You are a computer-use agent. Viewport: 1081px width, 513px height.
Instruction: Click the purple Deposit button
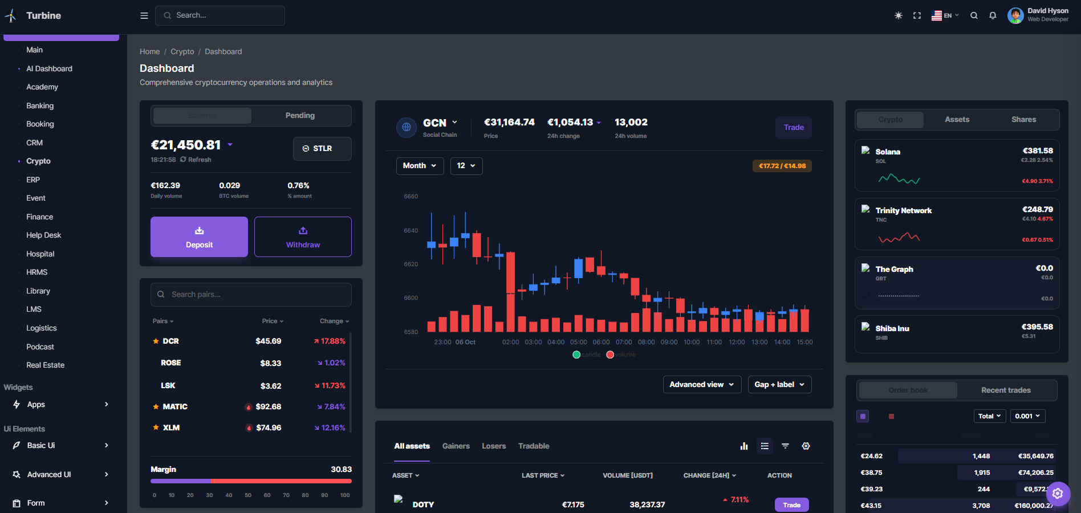pyautogui.click(x=199, y=237)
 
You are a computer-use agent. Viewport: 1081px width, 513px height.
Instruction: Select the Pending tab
pyautogui.click(x=300, y=116)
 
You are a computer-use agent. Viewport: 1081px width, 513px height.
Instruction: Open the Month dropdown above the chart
pyautogui.click(x=420, y=166)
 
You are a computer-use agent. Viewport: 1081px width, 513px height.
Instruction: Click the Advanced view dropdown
pyautogui.click(x=702, y=385)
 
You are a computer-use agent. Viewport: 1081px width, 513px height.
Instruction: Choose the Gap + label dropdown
pyautogui.click(x=779, y=385)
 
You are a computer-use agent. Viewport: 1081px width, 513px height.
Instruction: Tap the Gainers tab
pyautogui.click(x=456, y=446)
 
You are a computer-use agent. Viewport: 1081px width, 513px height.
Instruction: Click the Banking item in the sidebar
pyautogui.click(x=40, y=106)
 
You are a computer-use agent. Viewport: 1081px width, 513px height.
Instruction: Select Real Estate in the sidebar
pyautogui.click(x=46, y=365)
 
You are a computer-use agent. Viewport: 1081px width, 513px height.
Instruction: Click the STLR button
pyautogui.click(x=322, y=149)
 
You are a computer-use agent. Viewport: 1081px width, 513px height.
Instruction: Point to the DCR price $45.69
pyautogui.click(x=269, y=341)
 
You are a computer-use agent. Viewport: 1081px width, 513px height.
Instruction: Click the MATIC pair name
pyautogui.click(x=175, y=407)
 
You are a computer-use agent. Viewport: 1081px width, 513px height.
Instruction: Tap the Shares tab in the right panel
pyautogui.click(x=1023, y=120)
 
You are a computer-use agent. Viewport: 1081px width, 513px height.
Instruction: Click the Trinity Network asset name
pyautogui.click(x=904, y=211)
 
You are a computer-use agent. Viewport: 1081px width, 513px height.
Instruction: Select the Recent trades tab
pyautogui.click(x=1006, y=390)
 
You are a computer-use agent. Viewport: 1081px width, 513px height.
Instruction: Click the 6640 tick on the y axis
pyautogui.click(x=411, y=231)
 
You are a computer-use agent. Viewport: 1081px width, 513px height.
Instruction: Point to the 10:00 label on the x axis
pyautogui.click(x=692, y=343)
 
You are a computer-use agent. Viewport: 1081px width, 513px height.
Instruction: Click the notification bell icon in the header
pyautogui.click(x=993, y=16)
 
